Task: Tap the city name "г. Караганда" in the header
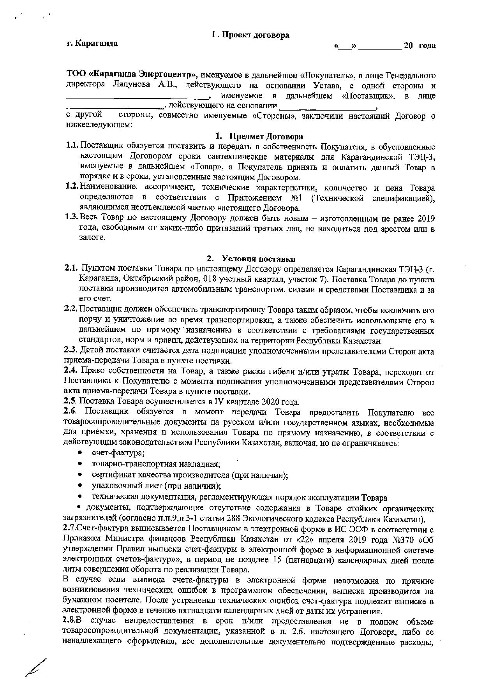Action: click(92, 43)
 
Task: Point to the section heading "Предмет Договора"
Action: click(266, 137)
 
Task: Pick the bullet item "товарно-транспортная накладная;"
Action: click(156, 464)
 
